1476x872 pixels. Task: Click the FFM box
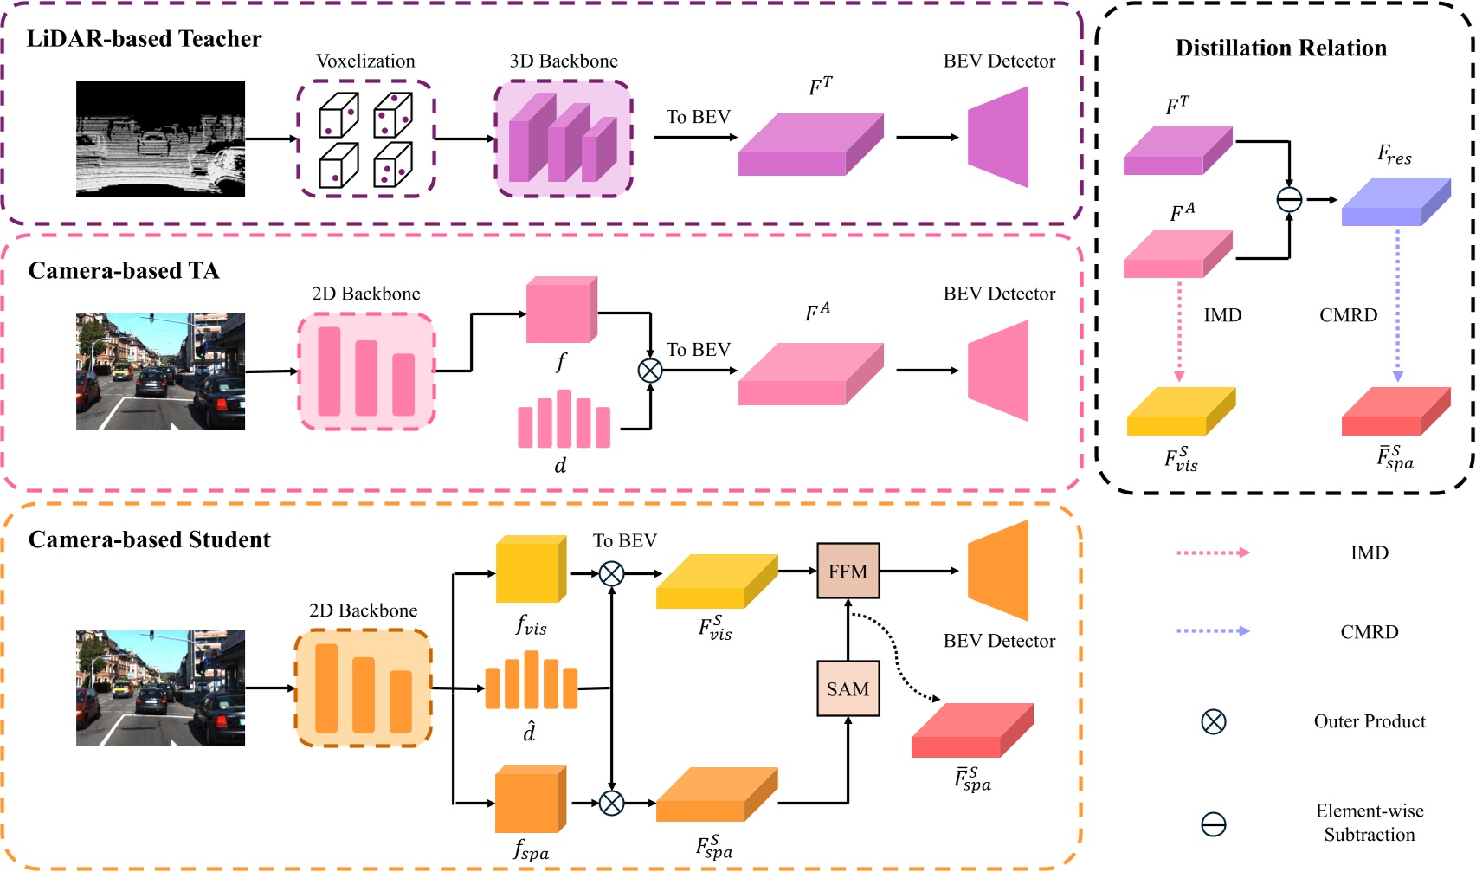coord(848,572)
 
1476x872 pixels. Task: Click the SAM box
coord(848,689)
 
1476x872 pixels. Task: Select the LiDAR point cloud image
coord(160,139)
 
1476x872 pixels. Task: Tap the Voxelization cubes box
coord(365,139)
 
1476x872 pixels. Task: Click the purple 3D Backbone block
coord(563,139)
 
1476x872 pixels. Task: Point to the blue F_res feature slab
coord(1395,203)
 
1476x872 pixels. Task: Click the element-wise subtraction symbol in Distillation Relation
coord(1289,200)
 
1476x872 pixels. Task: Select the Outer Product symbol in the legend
coord(1214,721)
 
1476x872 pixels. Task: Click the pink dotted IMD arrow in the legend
coord(1212,552)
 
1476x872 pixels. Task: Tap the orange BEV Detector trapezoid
coord(1001,571)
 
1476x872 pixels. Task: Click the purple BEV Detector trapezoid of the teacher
coord(1001,137)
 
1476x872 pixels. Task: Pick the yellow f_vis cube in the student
coord(530,570)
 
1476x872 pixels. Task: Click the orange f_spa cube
coord(530,800)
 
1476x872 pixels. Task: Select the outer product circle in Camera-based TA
coord(650,371)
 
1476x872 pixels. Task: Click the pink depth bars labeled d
coord(564,421)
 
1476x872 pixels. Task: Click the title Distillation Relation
coord(1280,48)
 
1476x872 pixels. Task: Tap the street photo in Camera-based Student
coord(160,688)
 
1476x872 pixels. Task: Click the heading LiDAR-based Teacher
coord(144,39)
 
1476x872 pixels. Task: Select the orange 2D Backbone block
coord(364,688)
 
